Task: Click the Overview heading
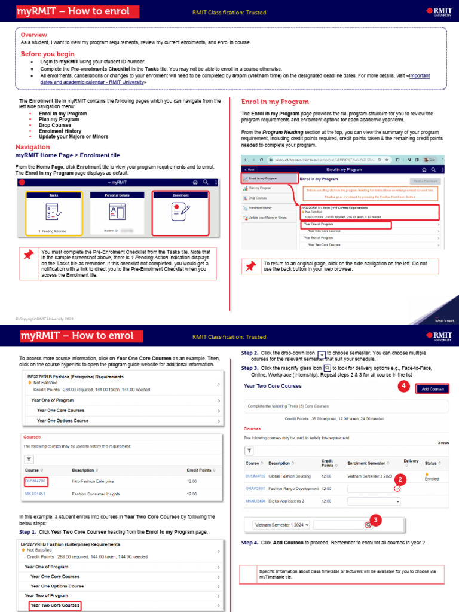pos(34,35)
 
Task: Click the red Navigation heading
pos(32,147)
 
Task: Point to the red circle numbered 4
pos(404,386)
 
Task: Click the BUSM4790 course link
pos(36,481)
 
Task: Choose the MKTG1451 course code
pos(35,494)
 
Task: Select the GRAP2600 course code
pos(255,489)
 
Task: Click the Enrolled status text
pos(432,479)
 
